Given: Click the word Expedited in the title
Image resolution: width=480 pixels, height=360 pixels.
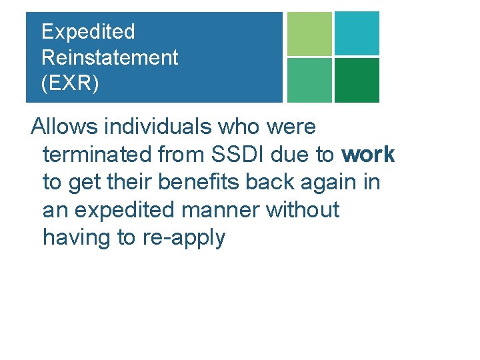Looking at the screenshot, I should click(88, 32).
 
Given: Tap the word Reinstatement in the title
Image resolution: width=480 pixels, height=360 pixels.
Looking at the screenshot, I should click(110, 57).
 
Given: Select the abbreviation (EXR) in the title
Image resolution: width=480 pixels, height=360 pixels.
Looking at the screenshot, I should click(70, 83).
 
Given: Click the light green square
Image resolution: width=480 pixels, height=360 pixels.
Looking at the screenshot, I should click(309, 33).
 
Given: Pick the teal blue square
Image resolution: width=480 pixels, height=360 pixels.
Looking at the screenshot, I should click(357, 33).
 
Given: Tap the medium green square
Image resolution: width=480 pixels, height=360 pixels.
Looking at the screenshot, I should click(309, 80).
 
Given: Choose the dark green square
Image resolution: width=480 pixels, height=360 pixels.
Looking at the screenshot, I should click(357, 80).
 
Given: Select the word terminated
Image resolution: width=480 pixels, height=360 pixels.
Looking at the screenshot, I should click(97, 155).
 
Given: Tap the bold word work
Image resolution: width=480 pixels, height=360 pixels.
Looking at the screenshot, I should click(368, 155).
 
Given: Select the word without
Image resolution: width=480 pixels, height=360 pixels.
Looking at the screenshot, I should click(303, 210).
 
